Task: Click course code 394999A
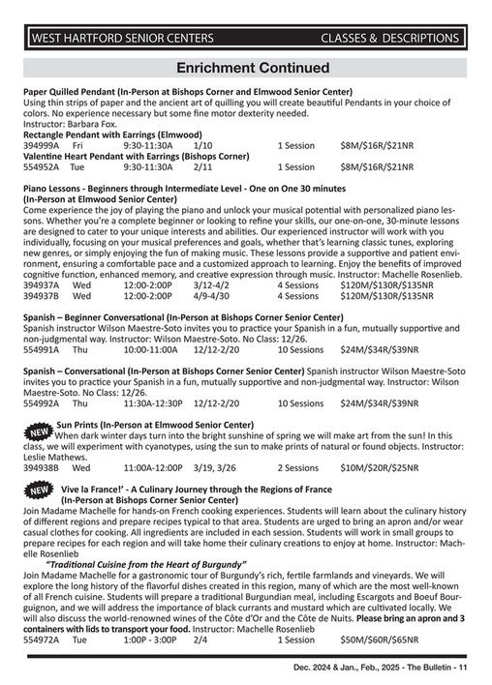tap(42, 144)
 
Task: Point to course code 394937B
tap(42, 297)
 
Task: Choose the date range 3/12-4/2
tap(212, 286)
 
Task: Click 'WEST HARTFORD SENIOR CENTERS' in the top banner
tap(123, 39)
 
